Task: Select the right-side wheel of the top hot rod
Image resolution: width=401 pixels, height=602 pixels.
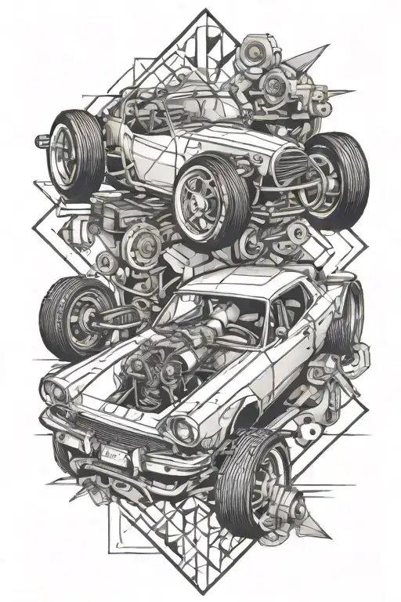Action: [x=334, y=174]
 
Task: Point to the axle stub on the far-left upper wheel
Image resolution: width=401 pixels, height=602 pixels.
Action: [x=38, y=142]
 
